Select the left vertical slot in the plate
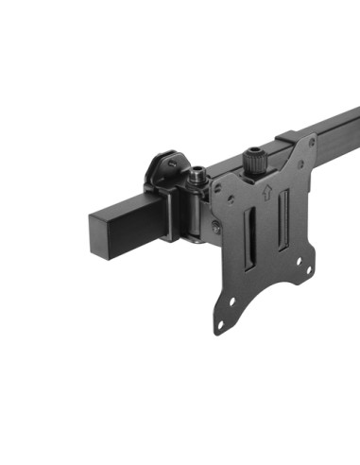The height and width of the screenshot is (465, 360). [251, 249]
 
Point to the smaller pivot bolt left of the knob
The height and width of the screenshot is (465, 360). [198, 175]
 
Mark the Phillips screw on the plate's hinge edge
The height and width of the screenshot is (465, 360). [216, 226]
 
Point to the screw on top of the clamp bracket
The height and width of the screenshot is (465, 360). [173, 164]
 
